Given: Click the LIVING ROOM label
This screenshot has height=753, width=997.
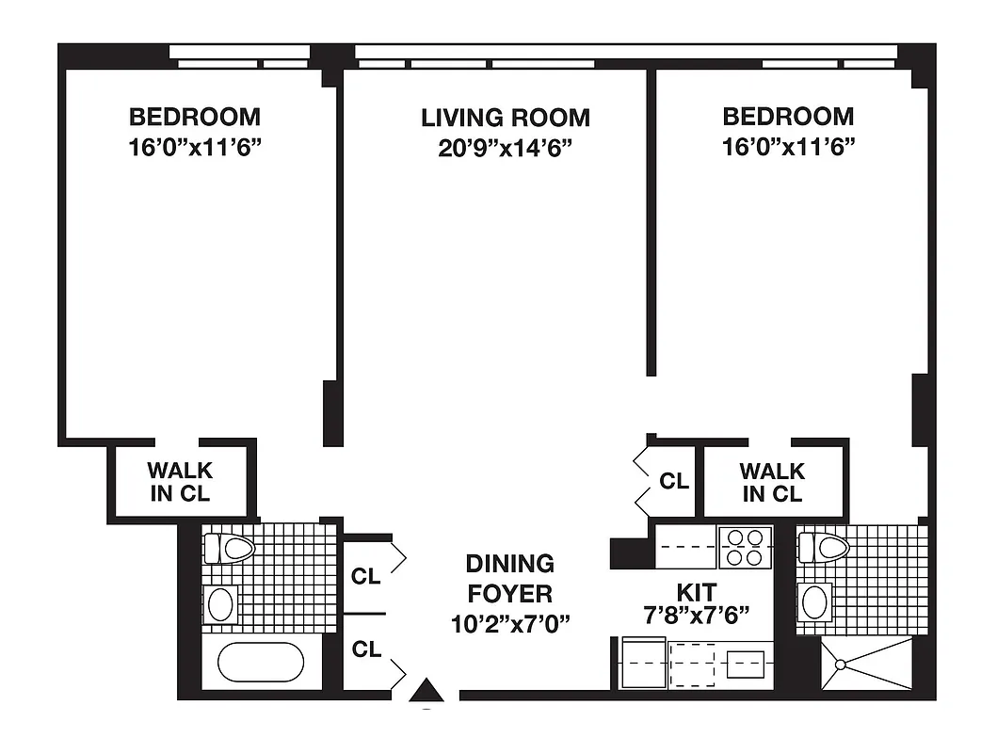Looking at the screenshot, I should [506, 118].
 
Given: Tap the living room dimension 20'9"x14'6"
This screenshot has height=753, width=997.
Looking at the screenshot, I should [506, 148].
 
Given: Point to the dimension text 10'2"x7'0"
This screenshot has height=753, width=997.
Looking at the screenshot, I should [509, 623].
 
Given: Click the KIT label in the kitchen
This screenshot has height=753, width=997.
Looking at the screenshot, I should [697, 592].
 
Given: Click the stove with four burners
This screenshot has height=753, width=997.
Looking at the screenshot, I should [746, 547].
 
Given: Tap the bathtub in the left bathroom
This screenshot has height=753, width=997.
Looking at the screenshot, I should [261, 662].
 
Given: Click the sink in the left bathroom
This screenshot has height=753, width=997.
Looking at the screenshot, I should [221, 604].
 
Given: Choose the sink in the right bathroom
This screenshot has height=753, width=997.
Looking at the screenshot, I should [814, 601].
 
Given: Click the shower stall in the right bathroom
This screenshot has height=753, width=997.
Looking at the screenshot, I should [866, 665].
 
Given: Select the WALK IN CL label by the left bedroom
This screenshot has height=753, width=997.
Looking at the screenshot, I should [180, 482].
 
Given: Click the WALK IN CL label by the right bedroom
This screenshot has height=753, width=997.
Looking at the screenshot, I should [772, 482].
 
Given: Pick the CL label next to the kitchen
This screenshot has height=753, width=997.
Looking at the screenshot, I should [673, 481].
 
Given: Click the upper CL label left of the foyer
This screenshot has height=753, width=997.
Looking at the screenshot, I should [365, 576].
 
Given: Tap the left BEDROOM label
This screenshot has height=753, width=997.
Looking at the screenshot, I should [195, 118].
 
